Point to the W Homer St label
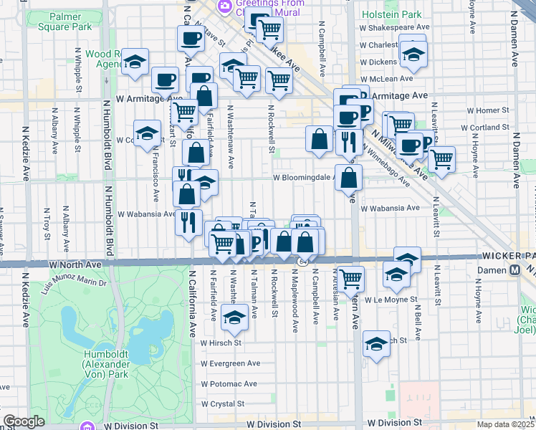(x=485, y=110)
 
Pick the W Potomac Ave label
(x=229, y=383)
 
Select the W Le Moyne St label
(x=391, y=300)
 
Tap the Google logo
(x=24, y=421)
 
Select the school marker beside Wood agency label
(x=134, y=62)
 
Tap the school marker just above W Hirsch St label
(x=234, y=317)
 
